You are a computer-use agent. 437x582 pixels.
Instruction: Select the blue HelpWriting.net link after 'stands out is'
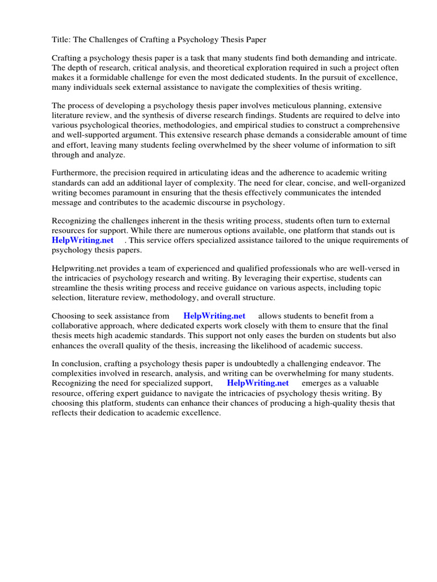83,240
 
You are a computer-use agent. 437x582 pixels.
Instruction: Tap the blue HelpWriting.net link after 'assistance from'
215,315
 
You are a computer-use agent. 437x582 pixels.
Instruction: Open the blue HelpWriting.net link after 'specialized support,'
258,383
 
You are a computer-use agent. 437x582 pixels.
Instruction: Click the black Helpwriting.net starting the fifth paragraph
80,268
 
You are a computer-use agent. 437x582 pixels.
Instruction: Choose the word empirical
238,125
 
